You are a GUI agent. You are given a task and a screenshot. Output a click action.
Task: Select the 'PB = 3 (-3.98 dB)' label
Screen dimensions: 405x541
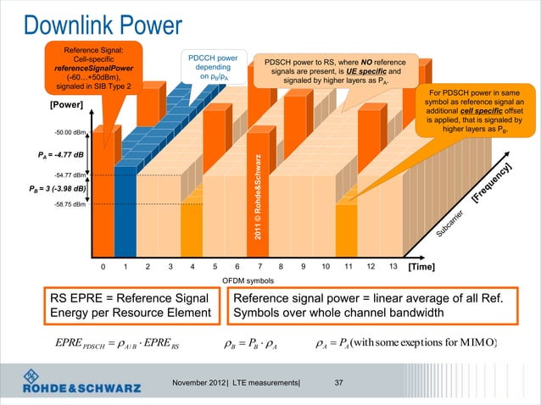pos(53,188)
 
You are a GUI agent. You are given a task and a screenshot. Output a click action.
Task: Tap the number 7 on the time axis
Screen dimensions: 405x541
pos(259,266)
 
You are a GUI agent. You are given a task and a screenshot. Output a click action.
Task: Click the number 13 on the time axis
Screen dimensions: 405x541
pos(392,266)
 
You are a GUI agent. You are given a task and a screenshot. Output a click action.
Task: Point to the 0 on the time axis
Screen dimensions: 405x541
pos(103,266)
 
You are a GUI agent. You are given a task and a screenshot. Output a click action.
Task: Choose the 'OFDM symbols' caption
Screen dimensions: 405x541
pos(248,280)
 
